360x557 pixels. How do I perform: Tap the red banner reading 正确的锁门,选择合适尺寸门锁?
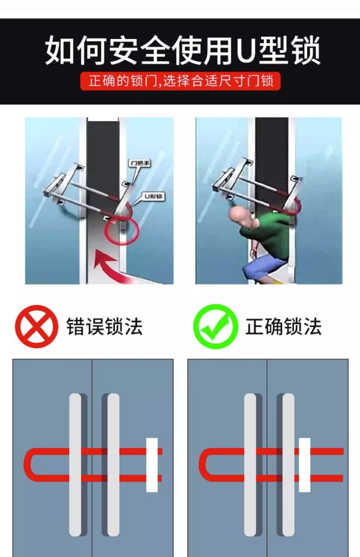(x=181, y=81)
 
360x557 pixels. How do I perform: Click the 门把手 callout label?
(x=140, y=163)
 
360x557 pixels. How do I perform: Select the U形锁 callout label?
(x=153, y=196)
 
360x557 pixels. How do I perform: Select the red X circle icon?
(x=37, y=326)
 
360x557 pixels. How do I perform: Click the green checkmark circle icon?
(x=216, y=326)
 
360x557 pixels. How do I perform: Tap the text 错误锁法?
(x=104, y=326)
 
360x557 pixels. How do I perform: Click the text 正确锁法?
(x=283, y=326)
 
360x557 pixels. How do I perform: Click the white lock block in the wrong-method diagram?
(x=152, y=465)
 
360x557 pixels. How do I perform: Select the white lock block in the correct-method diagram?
(x=305, y=465)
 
